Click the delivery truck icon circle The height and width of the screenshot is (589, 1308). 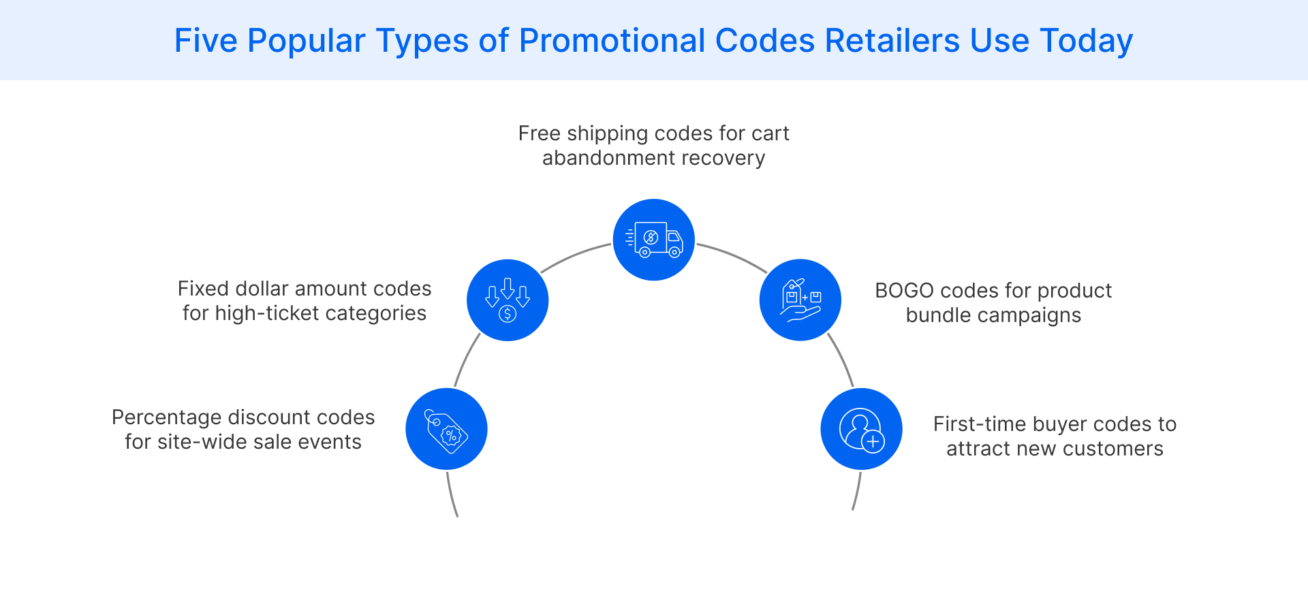click(653, 240)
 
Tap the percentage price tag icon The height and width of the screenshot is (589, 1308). click(446, 429)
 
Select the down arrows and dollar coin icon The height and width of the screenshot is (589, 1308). click(508, 300)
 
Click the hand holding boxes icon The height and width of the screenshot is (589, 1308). click(800, 300)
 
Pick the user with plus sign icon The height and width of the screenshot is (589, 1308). click(861, 429)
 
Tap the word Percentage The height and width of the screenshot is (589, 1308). click(166, 417)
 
